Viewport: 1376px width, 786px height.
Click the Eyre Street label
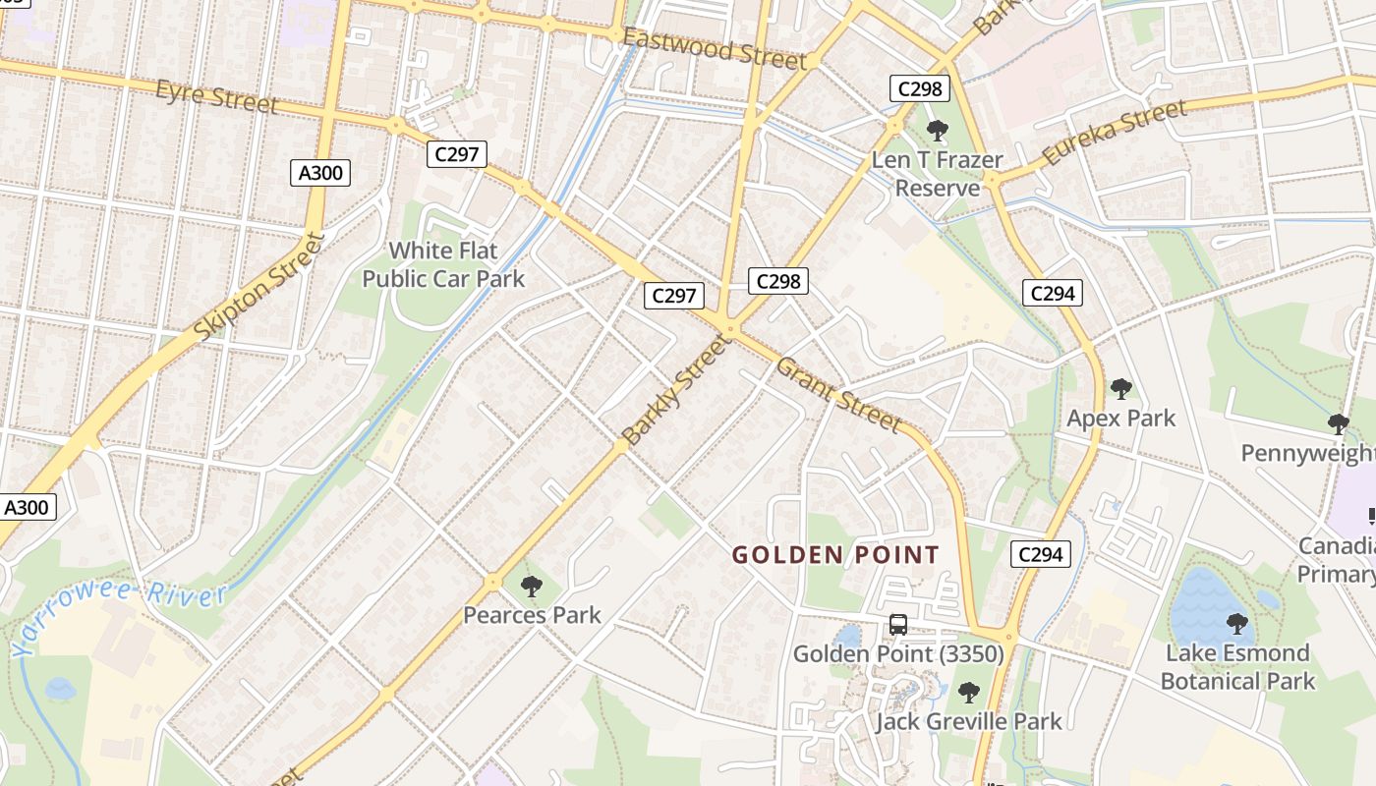[216, 96]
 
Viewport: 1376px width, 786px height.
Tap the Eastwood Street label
[715, 48]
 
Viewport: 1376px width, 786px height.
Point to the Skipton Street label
[258, 286]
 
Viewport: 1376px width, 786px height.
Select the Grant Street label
[837, 394]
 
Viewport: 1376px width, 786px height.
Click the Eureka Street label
[1114, 134]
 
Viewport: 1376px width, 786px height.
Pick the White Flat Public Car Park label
[443, 264]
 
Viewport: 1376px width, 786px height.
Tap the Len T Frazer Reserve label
[938, 174]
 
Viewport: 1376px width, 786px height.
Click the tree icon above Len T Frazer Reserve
[938, 130]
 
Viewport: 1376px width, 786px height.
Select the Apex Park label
[1120, 419]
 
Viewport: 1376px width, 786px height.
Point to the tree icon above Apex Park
[1120, 389]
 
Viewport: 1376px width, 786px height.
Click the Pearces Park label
[532, 616]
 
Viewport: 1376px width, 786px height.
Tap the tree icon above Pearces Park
[532, 587]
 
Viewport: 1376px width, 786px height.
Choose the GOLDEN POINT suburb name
[835, 555]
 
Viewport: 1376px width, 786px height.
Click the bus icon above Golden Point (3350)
[898, 624]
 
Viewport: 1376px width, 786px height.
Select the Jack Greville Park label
[968, 722]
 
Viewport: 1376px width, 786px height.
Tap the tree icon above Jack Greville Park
[969, 693]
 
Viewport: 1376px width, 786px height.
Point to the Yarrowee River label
[118, 616]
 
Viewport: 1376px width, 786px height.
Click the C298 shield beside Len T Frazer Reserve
[920, 88]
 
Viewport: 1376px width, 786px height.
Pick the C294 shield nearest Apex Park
[1052, 293]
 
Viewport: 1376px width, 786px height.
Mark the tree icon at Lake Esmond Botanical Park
[1237, 623]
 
